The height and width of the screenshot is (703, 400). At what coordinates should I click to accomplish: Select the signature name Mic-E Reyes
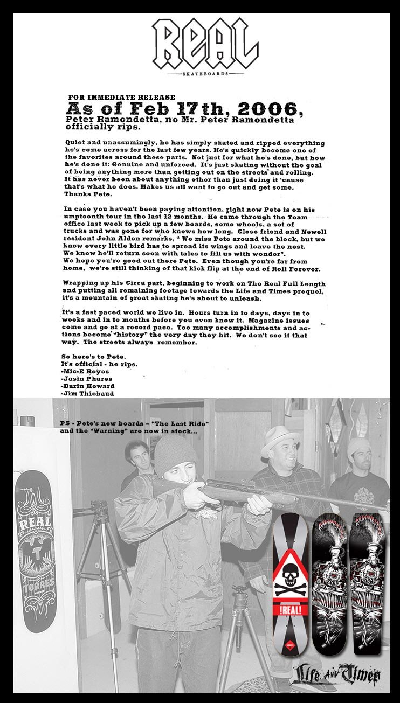(x=86, y=371)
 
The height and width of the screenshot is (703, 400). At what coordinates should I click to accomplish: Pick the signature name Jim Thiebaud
(x=87, y=394)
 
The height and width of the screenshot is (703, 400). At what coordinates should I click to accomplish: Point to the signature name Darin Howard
(x=88, y=386)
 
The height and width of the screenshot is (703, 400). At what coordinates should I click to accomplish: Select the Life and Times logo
(x=337, y=673)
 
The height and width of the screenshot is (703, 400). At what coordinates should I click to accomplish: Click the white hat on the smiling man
(x=280, y=440)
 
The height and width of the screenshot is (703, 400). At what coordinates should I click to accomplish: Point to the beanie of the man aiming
(x=175, y=454)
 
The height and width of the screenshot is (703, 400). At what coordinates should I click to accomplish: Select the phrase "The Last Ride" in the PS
(x=182, y=423)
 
